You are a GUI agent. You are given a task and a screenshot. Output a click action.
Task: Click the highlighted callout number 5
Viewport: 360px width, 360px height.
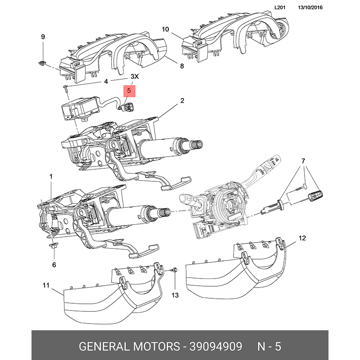tap(129, 91)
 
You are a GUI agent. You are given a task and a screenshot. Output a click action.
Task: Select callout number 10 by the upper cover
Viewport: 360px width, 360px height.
tap(165, 30)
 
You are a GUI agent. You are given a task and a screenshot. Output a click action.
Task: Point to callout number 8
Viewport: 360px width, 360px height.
tap(182, 66)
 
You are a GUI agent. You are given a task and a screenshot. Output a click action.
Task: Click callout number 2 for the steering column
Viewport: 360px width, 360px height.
tap(182, 101)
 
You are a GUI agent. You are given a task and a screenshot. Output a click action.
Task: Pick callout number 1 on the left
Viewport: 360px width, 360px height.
tap(51, 177)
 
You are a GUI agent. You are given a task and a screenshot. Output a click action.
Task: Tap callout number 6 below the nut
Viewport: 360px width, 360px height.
tap(54, 265)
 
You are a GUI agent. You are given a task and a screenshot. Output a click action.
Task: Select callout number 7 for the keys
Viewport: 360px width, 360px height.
tap(303, 161)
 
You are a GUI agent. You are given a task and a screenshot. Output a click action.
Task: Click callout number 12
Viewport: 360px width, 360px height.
tap(302, 238)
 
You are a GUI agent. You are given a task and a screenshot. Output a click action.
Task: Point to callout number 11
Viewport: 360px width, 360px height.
tap(46, 285)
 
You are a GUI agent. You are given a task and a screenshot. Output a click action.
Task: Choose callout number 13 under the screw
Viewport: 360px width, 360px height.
tap(175, 295)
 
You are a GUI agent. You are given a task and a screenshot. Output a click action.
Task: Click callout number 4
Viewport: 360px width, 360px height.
tap(106, 81)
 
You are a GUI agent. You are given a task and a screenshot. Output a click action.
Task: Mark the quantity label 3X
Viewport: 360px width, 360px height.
tap(135, 77)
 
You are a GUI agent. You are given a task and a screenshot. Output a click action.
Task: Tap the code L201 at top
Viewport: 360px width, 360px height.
tap(281, 8)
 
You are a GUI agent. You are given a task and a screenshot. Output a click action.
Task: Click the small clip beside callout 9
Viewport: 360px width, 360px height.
tap(42, 63)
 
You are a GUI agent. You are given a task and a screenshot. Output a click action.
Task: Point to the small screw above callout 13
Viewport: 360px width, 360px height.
tap(175, 270)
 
